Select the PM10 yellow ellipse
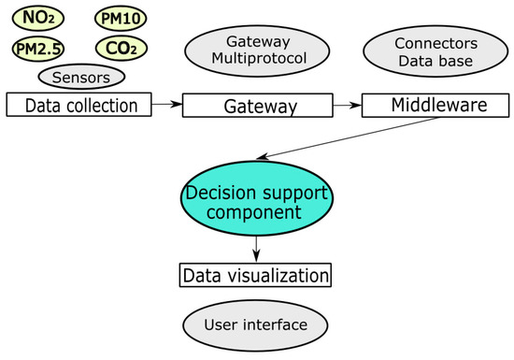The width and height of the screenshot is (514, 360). (x=120, y=18)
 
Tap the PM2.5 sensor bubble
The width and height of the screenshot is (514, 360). (x=35, y=47)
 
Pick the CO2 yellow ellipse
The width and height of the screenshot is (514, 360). (x=121, y=47)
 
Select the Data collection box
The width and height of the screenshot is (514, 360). (x=79, y=105)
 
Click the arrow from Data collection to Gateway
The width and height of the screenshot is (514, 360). (x=166, y=107)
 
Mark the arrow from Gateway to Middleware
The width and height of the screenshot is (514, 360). (x=346, y=107)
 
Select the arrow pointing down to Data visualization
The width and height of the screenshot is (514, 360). (x=256, y=247)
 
